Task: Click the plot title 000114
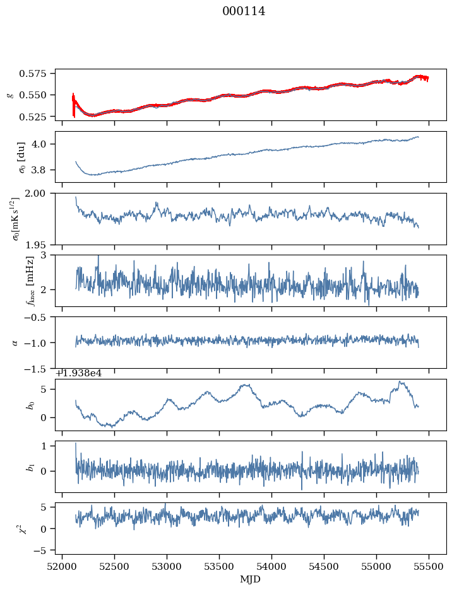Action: [244, 11]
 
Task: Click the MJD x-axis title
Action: [251, 579]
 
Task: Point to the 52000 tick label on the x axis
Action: [62, 567]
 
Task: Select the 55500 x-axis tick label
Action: [429, 567]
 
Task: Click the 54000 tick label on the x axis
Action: [271, 567]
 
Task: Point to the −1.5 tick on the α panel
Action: [40, 368]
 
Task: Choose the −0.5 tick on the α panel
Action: [40, 317]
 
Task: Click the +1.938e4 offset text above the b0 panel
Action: [79, 373]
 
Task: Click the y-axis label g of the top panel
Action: [9, 95]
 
